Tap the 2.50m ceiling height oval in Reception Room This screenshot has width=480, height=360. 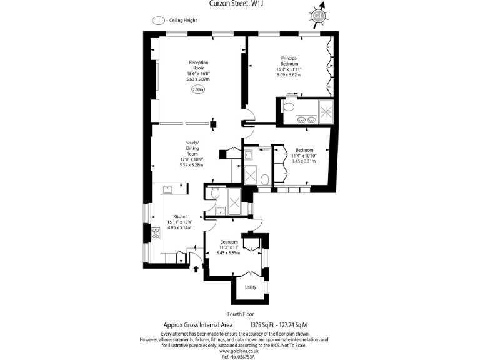point(198,89)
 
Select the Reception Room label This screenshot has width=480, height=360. point(199,66)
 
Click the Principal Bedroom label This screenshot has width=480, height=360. point(289,61)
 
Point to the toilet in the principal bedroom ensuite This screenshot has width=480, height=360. point(288,107)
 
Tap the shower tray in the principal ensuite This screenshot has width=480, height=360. point(327,111)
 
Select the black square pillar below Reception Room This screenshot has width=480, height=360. point(214,123)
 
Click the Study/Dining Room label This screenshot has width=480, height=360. point(192,147)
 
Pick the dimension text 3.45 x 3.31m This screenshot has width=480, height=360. point(304,161)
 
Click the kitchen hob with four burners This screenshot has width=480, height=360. point(155,235)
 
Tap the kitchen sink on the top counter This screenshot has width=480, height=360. point(168,188)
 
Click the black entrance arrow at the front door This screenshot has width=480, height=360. point(198,269)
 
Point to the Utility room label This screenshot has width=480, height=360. point(251,287)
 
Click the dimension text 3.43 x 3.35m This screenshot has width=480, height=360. point(228,253)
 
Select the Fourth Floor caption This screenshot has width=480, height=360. point(240,314)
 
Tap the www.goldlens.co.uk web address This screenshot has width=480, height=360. point(240,351)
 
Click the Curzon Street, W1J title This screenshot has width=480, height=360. point(240,4)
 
